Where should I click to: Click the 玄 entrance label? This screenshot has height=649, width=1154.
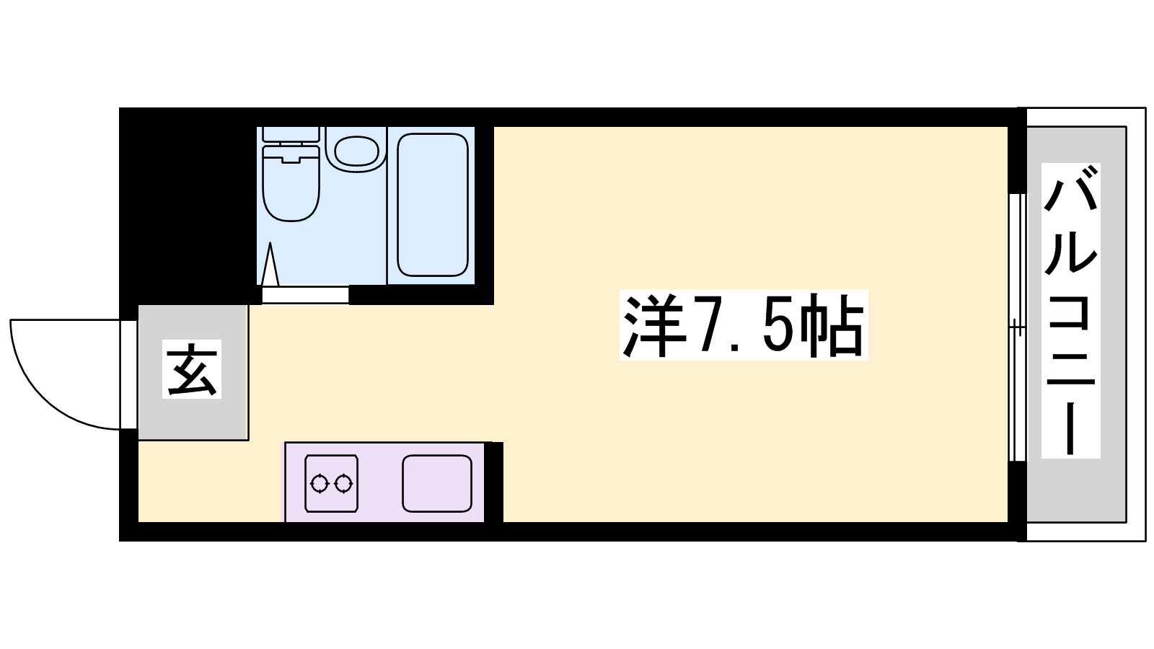pos(192,368)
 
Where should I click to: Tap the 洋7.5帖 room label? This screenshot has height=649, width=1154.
pos(744,325)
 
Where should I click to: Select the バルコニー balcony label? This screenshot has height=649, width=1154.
pos(1070,311)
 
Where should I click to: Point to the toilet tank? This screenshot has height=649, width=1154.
pos(291,134)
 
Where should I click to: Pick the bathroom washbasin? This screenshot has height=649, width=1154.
pos(356,150)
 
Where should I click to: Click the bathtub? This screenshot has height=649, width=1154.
pos(433,205)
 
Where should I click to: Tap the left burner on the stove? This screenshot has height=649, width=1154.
pos(320,484)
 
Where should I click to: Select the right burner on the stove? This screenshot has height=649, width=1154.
pos(343,484)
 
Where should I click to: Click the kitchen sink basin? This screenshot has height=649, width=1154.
pos(437,483)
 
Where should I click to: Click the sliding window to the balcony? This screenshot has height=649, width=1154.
pos(1017,327)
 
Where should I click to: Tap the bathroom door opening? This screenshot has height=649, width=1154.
pos(305,295)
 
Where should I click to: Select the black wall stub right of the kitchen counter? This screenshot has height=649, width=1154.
pos(493,482)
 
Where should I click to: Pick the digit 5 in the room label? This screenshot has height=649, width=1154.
pos(779,326)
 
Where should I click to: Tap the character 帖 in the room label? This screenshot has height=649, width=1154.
pos(832,325)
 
